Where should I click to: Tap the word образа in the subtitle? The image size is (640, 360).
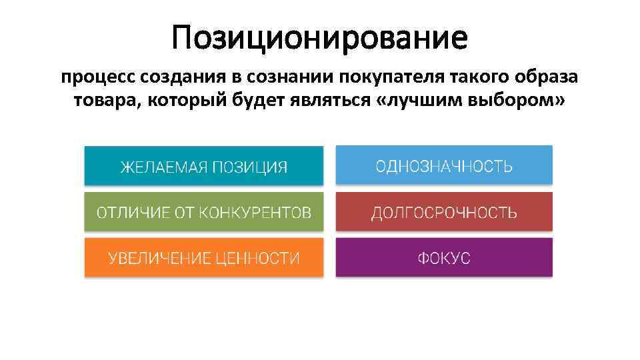(543, 78)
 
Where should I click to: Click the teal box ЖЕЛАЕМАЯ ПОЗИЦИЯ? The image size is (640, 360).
(203, 165)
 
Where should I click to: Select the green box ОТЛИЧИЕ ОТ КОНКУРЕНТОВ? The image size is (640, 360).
(203, 212)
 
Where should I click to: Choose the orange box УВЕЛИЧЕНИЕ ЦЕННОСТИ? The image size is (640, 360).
(203, 257)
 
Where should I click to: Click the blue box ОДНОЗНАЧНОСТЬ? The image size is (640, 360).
(444, 165)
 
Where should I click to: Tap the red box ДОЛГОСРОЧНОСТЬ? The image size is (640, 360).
(444, 212)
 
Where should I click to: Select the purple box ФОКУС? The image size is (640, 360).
(444, 257)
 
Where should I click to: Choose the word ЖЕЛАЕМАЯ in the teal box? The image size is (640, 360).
(163, 166)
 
